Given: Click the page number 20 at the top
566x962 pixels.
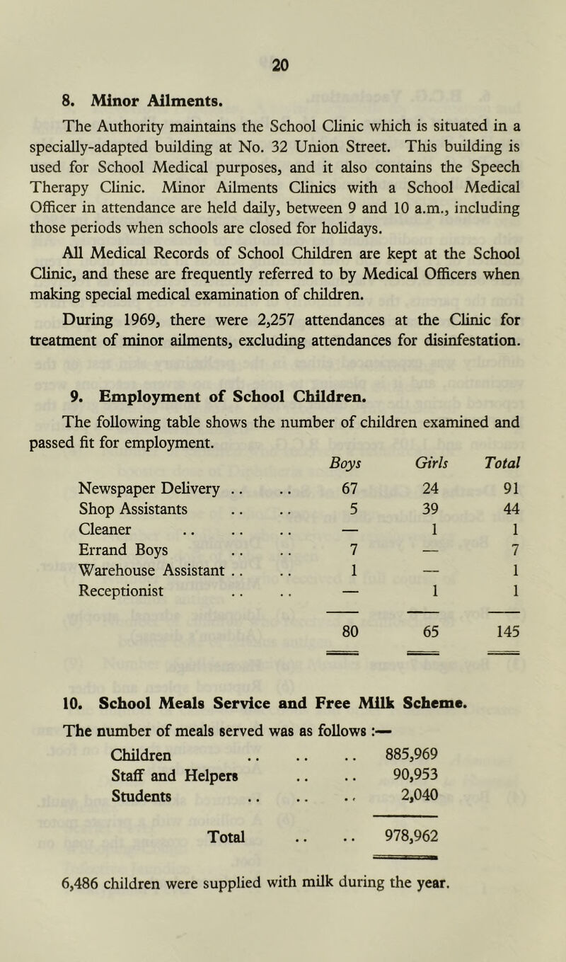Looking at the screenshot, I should tap(282, 64).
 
